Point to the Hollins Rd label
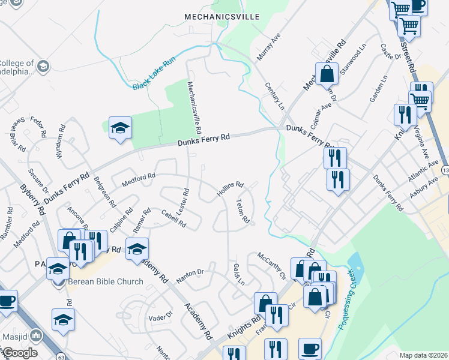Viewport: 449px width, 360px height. [x=230, y=190]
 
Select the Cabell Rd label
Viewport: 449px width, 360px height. [x=173, y=217]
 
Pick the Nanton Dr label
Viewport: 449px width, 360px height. [x=191, y=275]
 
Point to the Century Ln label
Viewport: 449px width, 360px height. [x=274, y=95]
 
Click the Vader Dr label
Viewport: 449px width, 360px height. [x=160, y=316]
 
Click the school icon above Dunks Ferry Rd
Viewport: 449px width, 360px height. [x=120, y=128]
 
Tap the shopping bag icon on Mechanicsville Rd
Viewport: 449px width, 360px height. [x=327, y=75]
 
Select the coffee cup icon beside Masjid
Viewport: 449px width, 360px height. [x=7, y=302]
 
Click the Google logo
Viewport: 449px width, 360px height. [x=20, y=352]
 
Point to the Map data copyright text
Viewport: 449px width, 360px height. [x=424, y=355]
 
